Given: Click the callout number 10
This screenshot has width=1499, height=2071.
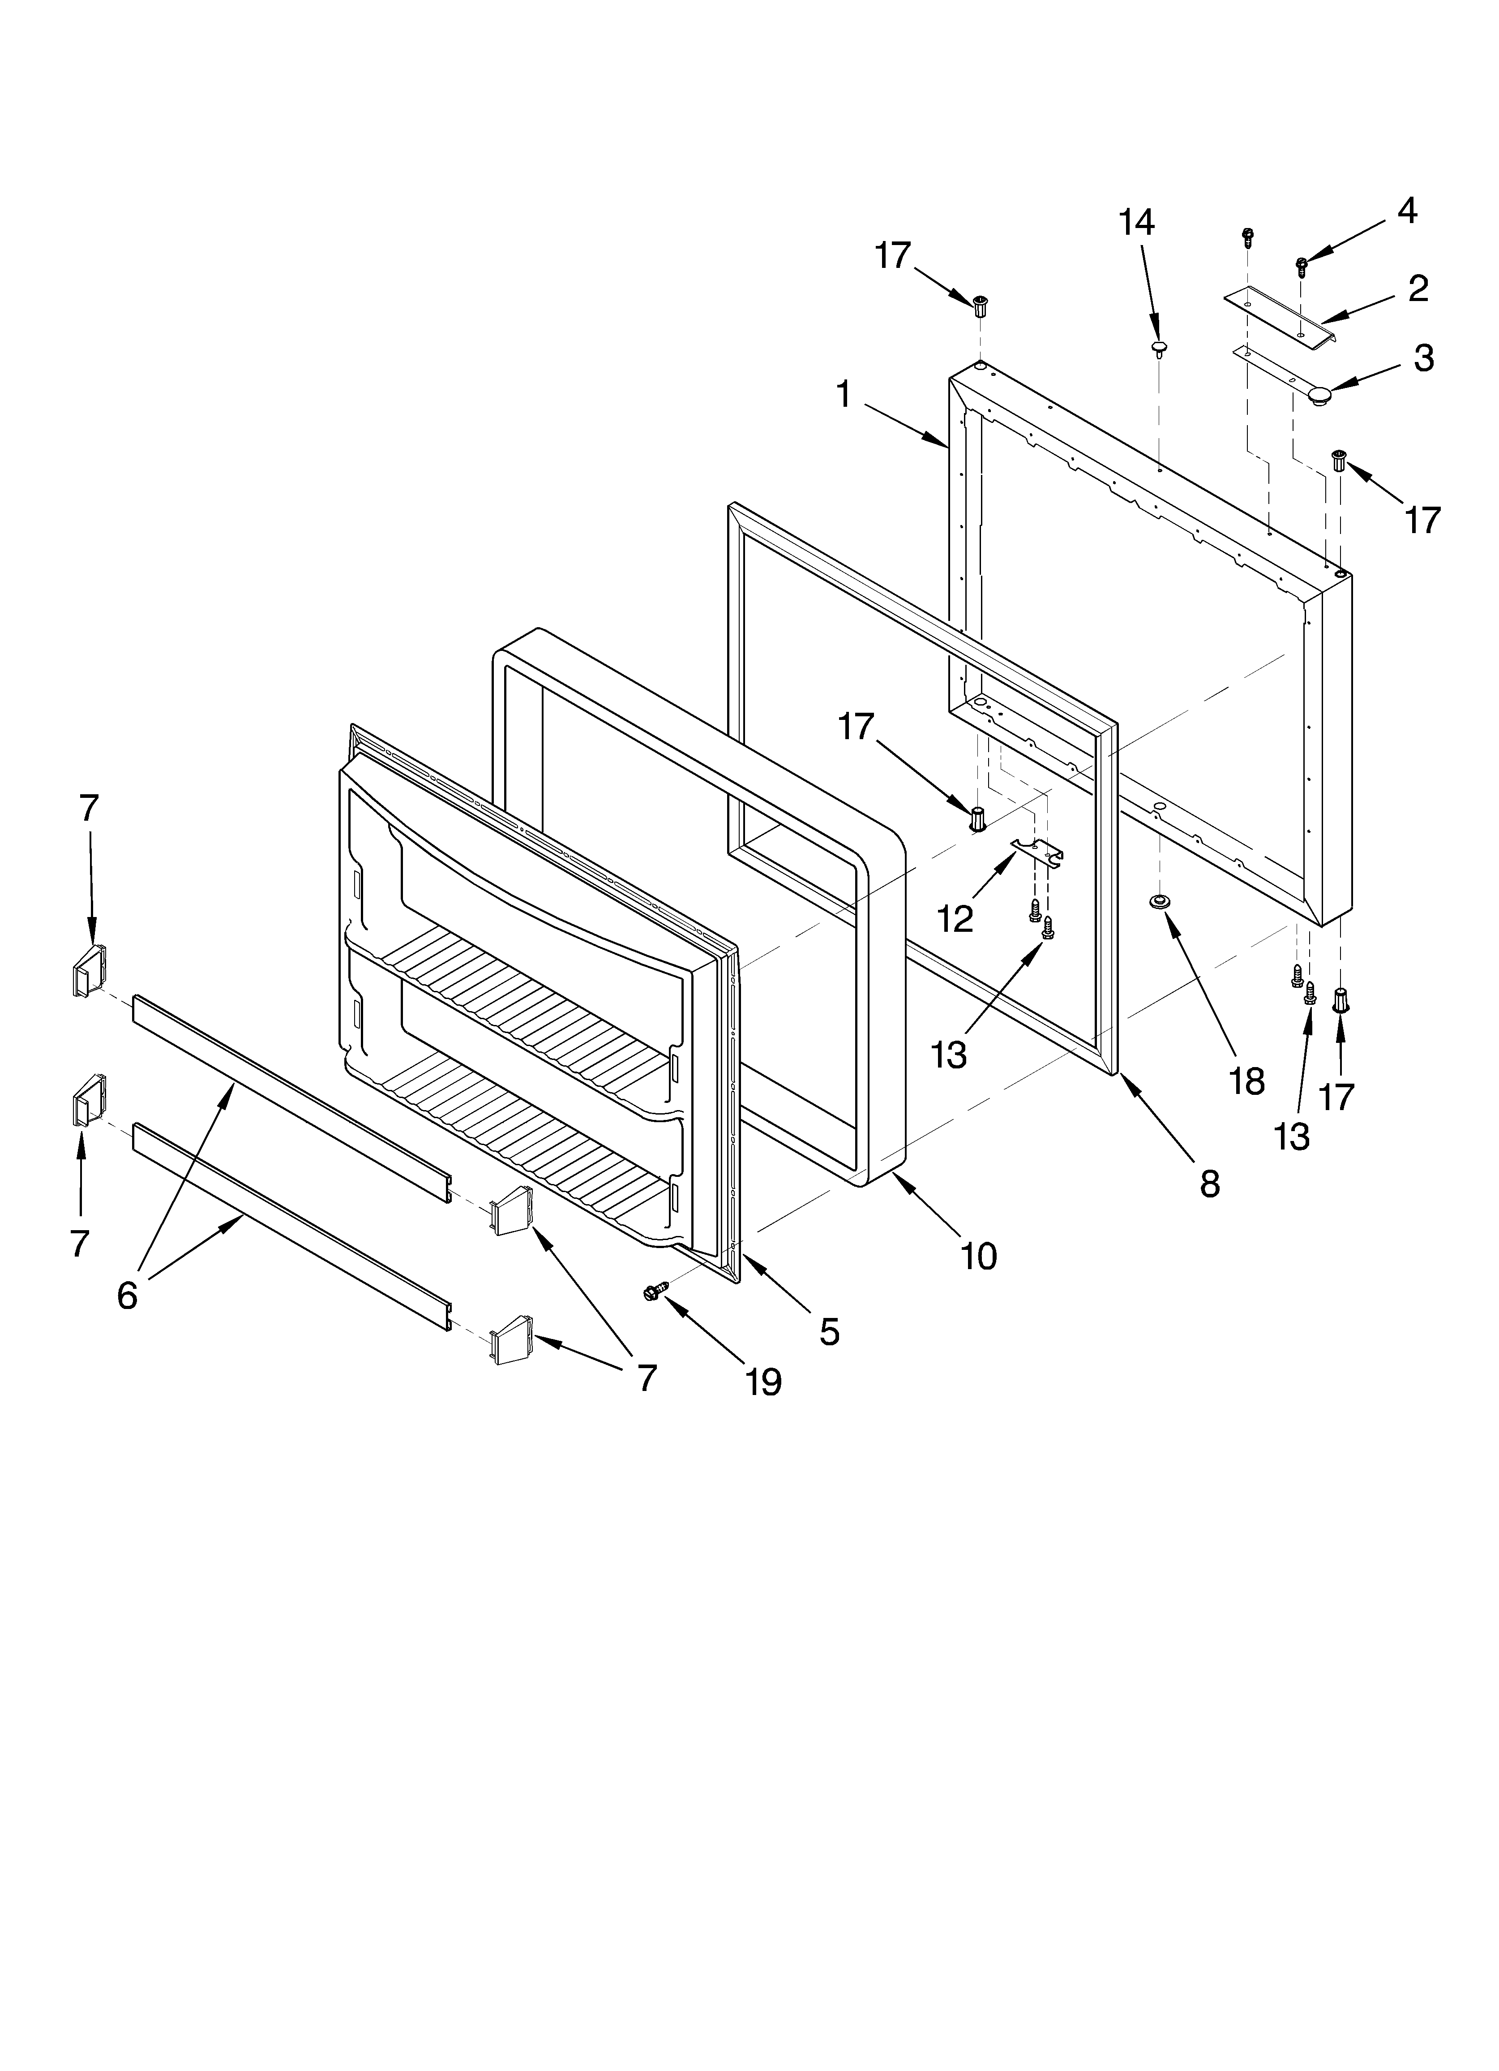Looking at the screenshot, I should click(x=978, y=1257).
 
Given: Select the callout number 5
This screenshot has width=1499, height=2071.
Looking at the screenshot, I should click(x=828, y=1332).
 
